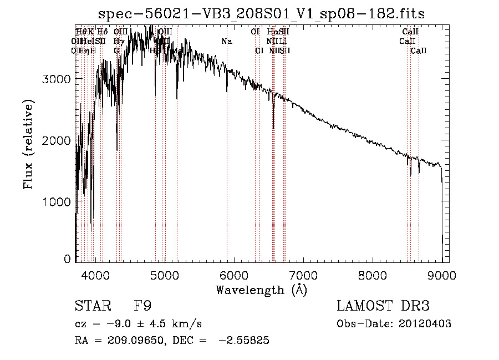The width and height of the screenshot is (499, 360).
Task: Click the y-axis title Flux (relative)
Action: [x=28, y=144]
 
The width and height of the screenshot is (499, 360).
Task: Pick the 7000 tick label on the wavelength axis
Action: [x=303, y=274]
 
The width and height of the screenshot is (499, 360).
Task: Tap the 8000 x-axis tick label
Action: [x=373, y=274]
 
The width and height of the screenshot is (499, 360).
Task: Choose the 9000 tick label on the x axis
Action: [x=442, y=274]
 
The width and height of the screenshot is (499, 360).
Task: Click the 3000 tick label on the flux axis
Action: [x=56, y=79]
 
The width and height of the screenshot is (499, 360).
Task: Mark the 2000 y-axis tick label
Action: [x=56, y=141]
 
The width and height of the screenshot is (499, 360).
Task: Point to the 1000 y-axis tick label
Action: [x=56, y=202]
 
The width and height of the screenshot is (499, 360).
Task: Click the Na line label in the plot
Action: [x=226, y=41]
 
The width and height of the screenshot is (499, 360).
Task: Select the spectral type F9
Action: [x=142, y=306]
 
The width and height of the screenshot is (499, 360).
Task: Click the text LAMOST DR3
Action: [x=383, y=306]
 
